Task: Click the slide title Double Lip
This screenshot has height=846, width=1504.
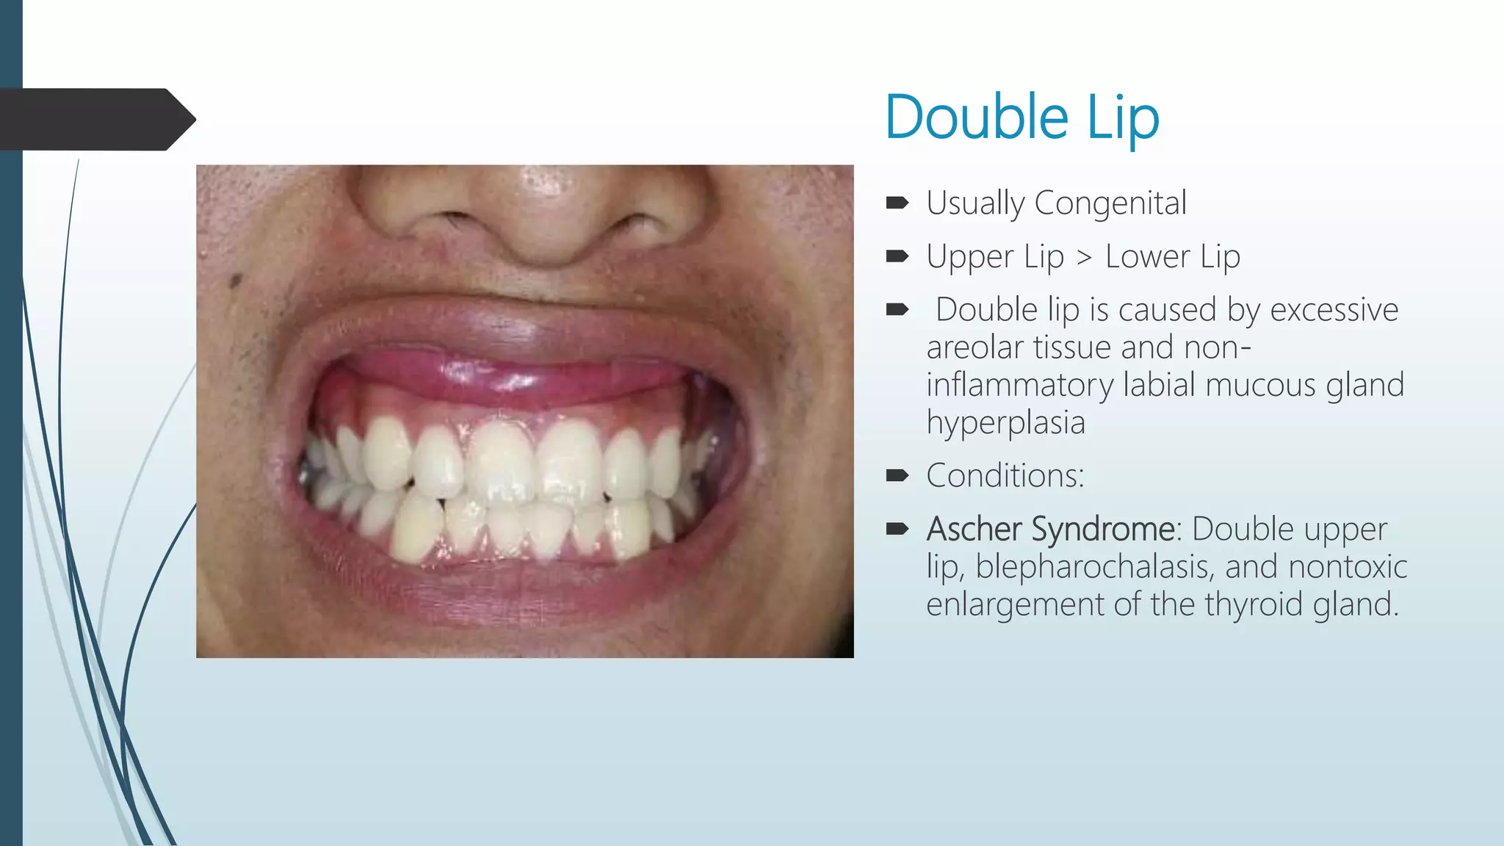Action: (1022, 117)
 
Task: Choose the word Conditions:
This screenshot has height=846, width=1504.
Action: (1005, 476)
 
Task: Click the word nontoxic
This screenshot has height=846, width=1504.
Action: (1348, 567)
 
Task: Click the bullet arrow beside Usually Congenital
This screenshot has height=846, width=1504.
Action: (897, 203)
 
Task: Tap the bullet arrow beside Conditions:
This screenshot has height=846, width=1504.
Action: (897, 476)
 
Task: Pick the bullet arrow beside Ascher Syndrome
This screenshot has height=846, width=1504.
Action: (897, 529)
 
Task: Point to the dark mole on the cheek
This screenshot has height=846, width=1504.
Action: (236, 281)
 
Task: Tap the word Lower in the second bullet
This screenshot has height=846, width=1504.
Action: (1147, 257)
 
